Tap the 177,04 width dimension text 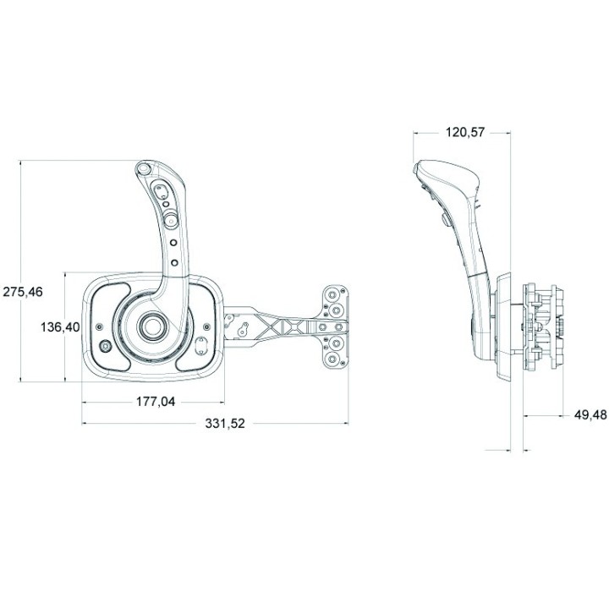[x=156, y=402]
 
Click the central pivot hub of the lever [x=154, y=326]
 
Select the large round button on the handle [x=170, y=220]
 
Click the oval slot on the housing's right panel [x=203, y=345]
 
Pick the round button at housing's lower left [x=106, y=346]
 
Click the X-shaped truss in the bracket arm [x=283, y=326]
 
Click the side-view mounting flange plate [x=504, y=326]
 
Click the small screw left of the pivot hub [x=101, y=326]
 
